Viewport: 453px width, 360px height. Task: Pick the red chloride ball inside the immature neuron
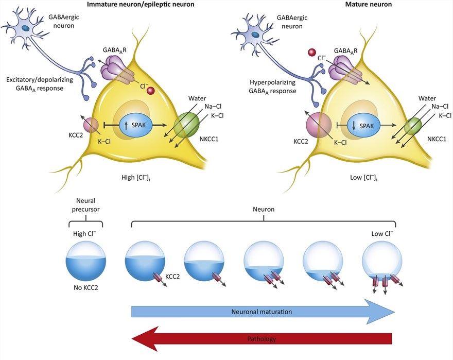(x=151, y=92)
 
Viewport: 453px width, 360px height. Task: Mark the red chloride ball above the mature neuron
(x=311, y=53)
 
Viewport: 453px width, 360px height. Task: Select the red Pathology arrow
(x=263, y=339)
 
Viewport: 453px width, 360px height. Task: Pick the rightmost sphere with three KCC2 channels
(x=382, y=260)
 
